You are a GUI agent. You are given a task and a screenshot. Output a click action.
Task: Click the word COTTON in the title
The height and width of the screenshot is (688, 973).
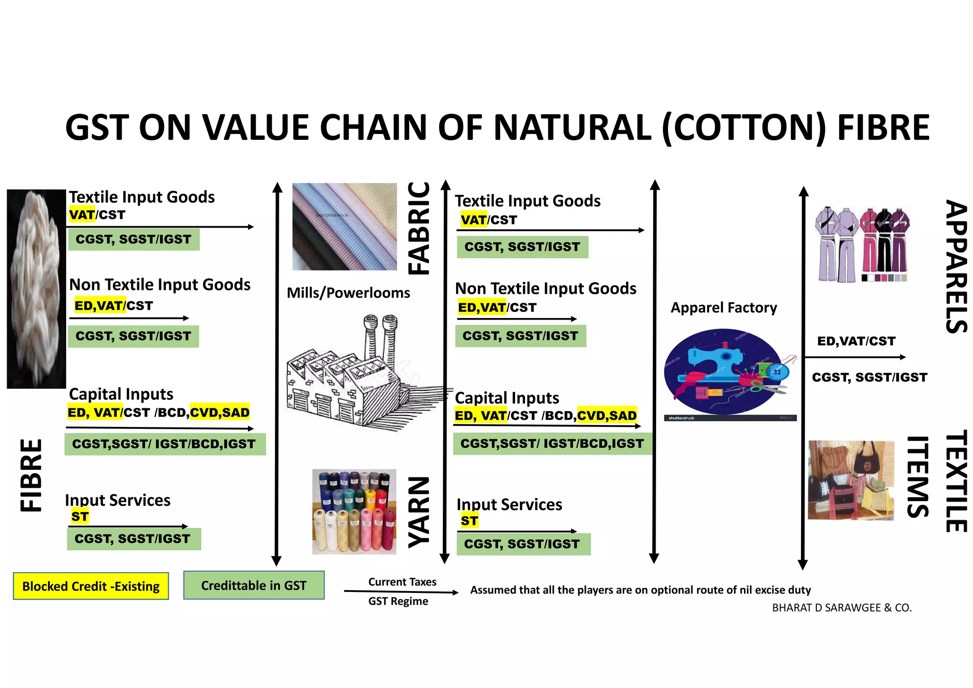(x=744, y=127)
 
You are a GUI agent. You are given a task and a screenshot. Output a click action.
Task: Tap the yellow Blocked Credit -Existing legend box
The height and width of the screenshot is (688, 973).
(x=91, y=586)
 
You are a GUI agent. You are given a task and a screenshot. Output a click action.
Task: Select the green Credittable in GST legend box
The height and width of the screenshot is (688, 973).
(x=254, y=585)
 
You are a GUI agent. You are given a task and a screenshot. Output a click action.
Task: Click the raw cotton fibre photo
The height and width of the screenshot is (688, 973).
(x=36, y=289)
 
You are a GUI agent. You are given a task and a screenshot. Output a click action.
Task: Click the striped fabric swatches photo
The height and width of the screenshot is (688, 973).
(x=344, y=226)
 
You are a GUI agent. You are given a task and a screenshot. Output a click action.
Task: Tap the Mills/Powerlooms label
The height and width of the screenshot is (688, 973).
(x=348, y=292)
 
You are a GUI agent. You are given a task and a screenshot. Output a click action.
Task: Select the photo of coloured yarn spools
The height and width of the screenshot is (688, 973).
(x=354, y=512)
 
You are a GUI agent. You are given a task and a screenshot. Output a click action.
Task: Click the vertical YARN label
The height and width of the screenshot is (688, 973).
(x=419, y=512)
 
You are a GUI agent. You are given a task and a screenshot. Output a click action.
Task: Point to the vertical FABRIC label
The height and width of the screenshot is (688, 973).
(x=419, y=228)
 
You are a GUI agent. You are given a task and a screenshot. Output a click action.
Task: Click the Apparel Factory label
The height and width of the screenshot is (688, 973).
(x=724, y=308)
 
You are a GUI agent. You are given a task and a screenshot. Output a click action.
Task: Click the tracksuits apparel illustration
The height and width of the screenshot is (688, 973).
(x=861, y=245)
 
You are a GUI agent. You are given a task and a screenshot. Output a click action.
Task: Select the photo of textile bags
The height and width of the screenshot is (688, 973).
(x=850, y=480)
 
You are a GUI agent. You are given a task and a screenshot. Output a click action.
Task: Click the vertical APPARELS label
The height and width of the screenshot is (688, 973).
(x=956, y=266)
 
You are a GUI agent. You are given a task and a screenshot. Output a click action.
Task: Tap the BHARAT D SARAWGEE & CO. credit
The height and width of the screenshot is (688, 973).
(x=842, y=608)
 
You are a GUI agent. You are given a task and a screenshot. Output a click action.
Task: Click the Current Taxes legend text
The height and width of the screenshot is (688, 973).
(x=402, y=582)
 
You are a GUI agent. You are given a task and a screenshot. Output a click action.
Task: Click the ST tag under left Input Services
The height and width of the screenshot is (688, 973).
(x=80, y=516)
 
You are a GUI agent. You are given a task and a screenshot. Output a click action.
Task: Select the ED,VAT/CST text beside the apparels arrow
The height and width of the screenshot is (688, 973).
(x=856, y=341)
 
